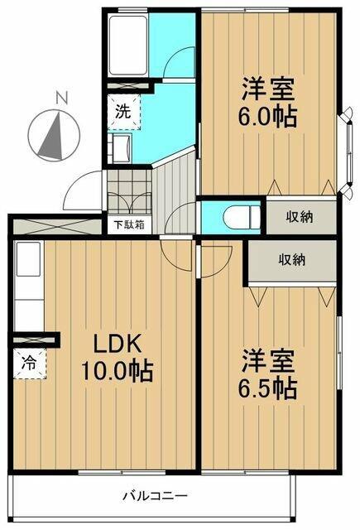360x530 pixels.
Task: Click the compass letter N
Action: pos(60,99)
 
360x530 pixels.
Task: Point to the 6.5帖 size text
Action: pos(270,385)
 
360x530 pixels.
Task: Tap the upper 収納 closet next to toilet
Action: pos(300,217)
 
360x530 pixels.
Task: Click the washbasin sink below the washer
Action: pos(121,151)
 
